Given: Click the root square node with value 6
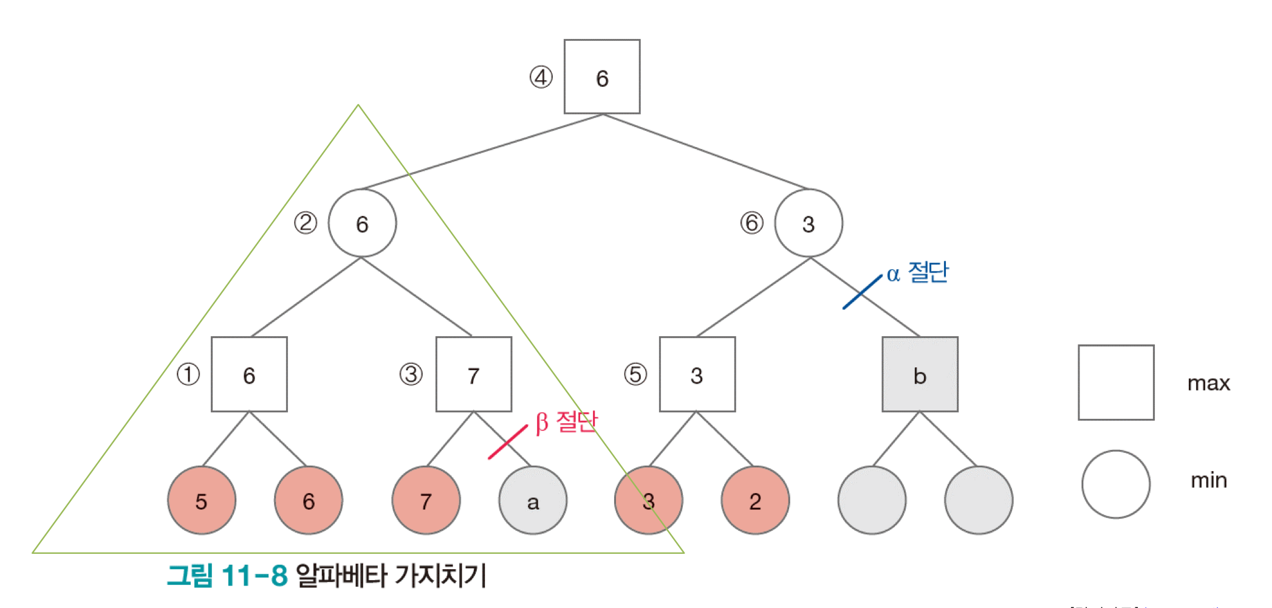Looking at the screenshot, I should pyautogui.click(x=601, y=77).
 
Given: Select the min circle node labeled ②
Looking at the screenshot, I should pyautogui.click(x=362, y=223).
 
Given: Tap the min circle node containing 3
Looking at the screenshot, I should pyautogui.click(x=808, y=223).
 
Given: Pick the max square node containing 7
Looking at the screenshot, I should pyautogui.click(x=473, y=375).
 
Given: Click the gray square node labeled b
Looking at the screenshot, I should pyautogui.click(x=920, y=375).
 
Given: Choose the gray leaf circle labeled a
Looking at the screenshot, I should pyautogui.click(x=533, y=500).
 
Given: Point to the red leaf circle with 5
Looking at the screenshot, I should pyautogui.click(x=202, y=500).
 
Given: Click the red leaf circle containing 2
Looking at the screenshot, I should pyautogui.click(x=755, y=500).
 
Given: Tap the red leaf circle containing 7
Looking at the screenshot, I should pyautogui.click(x=426, y=500).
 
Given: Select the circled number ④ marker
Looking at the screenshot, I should pyautogui.click(x=541, y=77).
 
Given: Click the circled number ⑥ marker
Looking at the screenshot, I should pyautogui.click(x=751, y=223).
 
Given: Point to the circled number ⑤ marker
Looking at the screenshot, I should pyautogui.click(x=635, y=375).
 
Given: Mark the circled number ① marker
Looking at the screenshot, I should pyautogui.click(x=188, y=375).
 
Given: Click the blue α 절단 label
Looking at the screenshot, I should pyautogui.click(x=917, y=273).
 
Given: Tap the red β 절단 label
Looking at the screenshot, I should pyautogui.click(x=566, y=421).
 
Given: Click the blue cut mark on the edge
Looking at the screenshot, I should pyautogui.click(x=862, y=292).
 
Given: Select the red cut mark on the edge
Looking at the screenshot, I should pyautogui.click(x=508, y=442).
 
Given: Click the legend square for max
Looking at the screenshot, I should pyautogui.click(x=1116, y=382).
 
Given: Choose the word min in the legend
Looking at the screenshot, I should pyautogui.click(x=1208, y=481).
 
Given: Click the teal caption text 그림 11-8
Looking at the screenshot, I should pyautogui.click(x=227, y=575).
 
